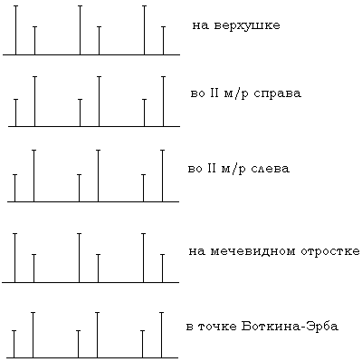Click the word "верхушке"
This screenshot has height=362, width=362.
pos(247,25)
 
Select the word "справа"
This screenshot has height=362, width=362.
pos(278,93)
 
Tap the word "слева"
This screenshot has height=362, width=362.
pos(271,169)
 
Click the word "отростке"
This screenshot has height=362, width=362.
pos(330,251)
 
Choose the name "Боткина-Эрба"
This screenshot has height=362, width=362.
pos(290,327)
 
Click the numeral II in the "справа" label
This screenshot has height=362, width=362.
pos(213,93)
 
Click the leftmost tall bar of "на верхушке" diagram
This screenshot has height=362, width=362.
pos(16,30)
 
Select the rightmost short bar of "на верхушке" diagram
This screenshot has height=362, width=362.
pos(163,41)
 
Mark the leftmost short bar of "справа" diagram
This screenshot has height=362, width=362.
pos(16,113)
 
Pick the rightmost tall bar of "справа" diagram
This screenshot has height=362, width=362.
pos(163,102)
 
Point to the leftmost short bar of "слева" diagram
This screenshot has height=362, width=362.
pos(15,188)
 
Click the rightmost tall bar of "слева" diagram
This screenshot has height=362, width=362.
pos(162,176)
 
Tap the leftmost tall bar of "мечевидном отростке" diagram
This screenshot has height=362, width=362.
pos(15,258)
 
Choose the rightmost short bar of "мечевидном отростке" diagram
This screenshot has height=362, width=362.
pos(162,269)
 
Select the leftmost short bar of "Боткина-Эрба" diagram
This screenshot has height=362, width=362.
pos(14,344)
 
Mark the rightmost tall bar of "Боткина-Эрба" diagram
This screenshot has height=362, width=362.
pos(161,335)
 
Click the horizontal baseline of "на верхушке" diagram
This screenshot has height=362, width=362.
pos(91,54)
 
